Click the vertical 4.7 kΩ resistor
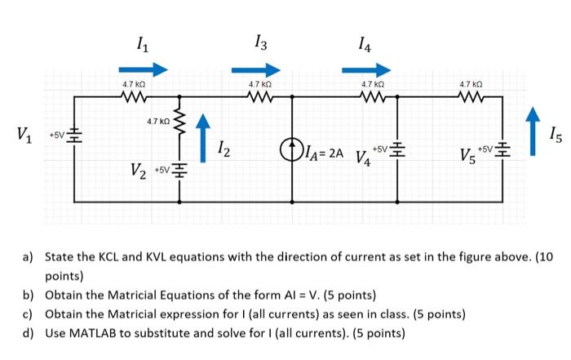(x=179, y=124)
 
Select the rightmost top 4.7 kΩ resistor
(x=471, y=97)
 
